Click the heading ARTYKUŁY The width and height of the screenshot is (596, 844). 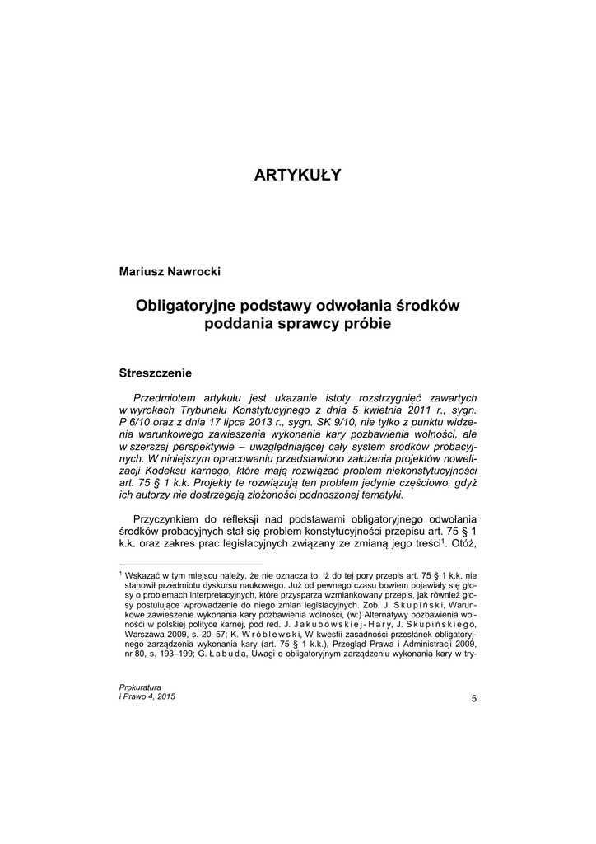297,175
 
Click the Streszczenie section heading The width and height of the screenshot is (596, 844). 156,373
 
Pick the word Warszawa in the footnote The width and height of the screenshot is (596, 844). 146,635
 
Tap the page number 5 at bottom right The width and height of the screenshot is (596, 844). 474,699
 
